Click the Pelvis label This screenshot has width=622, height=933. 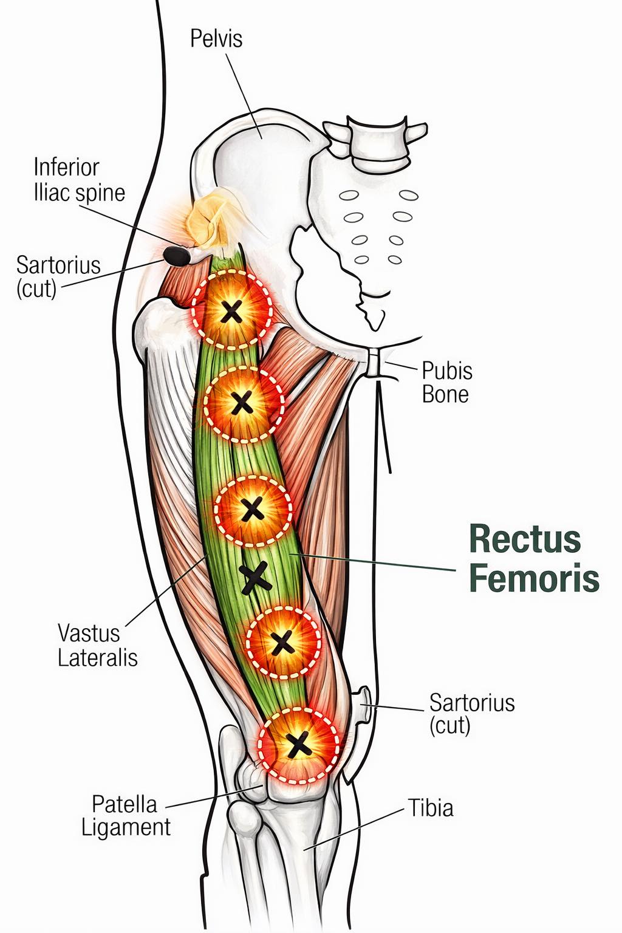pos(216,39)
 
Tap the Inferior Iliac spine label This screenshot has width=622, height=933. pos(79,180)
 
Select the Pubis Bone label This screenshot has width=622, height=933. pos(447,382)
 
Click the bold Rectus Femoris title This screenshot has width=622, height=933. pos(534,558)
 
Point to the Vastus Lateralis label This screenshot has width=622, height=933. pos(97,645)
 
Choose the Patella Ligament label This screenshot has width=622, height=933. pos(125,816)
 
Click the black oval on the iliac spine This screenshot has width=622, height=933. pos(177,256)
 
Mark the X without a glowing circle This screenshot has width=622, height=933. pos(255,577)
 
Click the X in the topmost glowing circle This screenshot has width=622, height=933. pos(231,312)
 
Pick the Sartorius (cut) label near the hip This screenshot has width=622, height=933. pos(58,276)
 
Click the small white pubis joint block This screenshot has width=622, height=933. pos(375,363)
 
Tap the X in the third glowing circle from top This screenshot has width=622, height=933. pos(252,509)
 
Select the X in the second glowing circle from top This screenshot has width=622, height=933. pos(242,403)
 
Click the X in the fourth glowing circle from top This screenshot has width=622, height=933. pos(282,642)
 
